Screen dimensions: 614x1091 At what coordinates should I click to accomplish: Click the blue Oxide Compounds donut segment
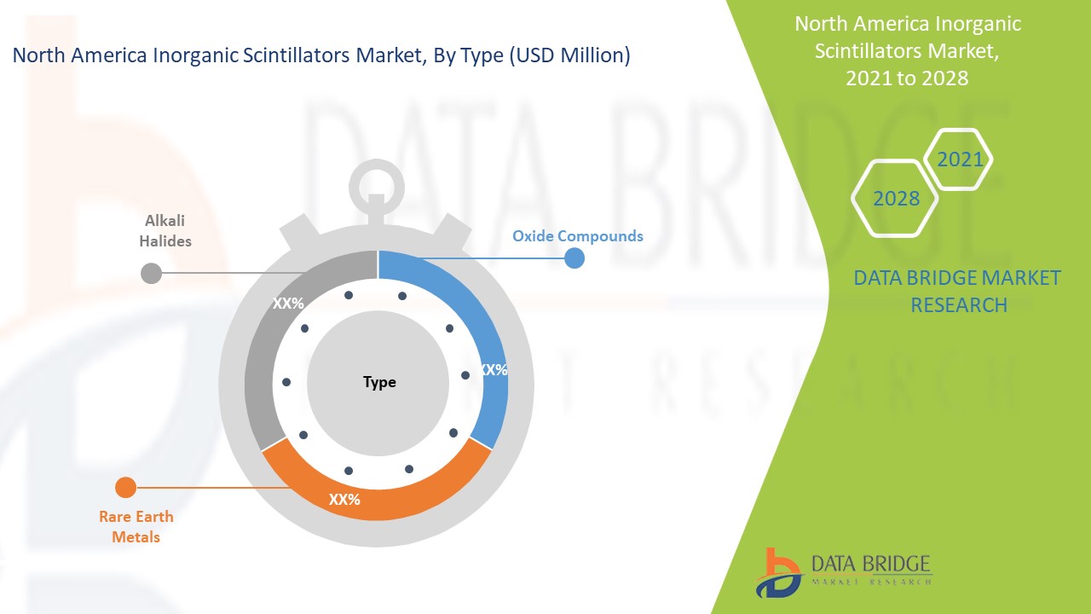[x=477, y=324]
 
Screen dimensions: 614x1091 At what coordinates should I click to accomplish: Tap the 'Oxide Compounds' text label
[x=578, y=236]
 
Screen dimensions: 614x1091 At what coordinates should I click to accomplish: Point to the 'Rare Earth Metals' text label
[x=136, y=526]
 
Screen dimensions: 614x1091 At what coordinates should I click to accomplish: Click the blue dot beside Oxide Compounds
[x=574, y=258]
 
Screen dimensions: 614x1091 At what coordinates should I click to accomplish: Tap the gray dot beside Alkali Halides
[x=151, y=273]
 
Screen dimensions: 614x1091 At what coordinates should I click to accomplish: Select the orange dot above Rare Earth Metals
[x=125, y=488]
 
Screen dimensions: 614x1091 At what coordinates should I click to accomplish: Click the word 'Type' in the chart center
[x=379, y=382]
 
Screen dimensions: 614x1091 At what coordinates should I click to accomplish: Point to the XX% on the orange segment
[x=344, y=499]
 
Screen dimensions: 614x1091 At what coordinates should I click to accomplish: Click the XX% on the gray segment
[x=288, y=304]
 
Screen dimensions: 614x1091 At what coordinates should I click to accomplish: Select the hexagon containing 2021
[x=960, y=159]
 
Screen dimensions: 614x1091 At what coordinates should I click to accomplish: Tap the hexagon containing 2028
[x=896, y=199]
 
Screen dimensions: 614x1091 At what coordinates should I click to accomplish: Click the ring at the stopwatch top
[x=377, y=180]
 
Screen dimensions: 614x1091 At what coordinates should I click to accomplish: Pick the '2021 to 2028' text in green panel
[x=907, y=78]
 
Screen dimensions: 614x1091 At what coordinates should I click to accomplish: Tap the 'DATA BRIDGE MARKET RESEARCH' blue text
[x=957, y=291]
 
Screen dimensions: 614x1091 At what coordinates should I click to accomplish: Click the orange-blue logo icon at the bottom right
[x=777, y=572]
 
